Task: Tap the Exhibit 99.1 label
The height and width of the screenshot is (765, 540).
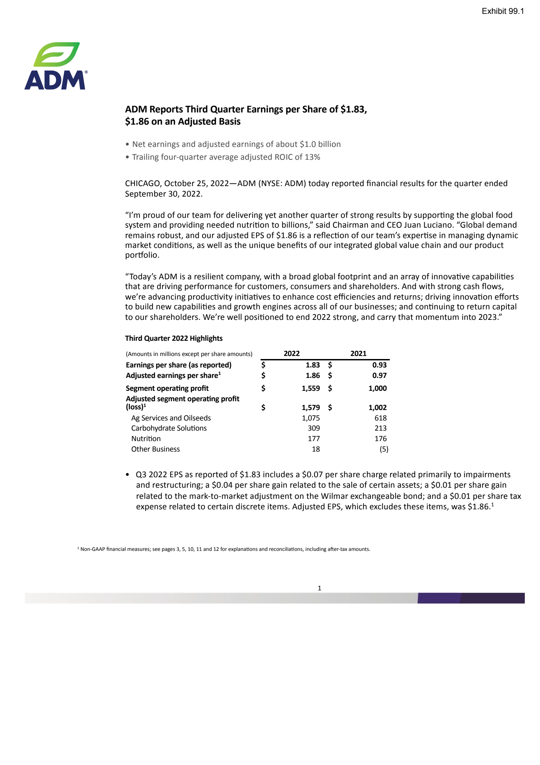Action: click(503, 11)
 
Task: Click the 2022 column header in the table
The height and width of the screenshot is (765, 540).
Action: click(292, 353)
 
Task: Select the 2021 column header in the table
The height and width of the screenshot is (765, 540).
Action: click(358, 353)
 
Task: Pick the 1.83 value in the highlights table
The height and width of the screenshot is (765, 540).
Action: click(313, 365)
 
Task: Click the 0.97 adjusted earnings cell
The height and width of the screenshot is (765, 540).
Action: click(379, 375)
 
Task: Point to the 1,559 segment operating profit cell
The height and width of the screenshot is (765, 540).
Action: click(310, 388)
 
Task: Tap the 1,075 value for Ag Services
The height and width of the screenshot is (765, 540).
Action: click(310, 418)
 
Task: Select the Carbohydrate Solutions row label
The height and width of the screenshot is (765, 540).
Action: click(169, 428)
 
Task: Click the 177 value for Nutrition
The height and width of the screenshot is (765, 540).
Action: click(314, 438)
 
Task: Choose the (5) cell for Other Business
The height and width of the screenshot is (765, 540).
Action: click(384, 449)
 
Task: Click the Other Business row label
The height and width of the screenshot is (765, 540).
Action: click(155, 449)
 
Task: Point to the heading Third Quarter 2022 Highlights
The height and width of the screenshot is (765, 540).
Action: click(174, 338)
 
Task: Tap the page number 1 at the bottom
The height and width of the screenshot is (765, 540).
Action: click(319, 588)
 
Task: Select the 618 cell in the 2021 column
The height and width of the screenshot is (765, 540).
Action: click(380, 418)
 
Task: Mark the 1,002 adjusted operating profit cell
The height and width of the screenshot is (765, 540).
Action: click(377, 407)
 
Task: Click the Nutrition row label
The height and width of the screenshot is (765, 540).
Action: click(146, 438)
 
